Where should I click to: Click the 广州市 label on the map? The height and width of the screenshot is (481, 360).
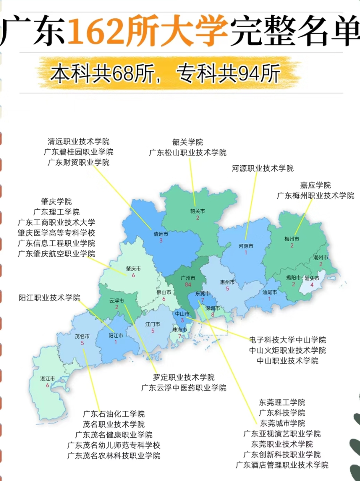188,277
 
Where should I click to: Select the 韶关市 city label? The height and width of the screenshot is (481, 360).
197,211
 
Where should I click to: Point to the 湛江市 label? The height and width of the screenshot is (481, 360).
47,379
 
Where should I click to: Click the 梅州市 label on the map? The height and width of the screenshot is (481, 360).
292,239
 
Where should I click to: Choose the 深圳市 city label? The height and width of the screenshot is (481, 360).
213,308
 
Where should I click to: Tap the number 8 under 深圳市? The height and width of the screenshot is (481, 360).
212,315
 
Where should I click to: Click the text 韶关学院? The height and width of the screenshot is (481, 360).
188,142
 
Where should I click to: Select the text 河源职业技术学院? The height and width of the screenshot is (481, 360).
262,168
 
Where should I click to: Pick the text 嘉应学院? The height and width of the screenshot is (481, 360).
316,185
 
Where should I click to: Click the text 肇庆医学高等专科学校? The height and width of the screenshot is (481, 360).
56,232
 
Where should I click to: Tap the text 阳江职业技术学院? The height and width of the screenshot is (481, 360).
50,298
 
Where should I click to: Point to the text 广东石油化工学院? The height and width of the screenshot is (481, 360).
114,414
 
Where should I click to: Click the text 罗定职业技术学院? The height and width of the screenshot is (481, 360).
184,377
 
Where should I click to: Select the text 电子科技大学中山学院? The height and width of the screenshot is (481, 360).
287,340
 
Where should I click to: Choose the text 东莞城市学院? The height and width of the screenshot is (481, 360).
282,423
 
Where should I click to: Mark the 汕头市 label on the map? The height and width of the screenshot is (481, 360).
312,278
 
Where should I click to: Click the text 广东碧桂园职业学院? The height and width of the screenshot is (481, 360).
78,152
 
